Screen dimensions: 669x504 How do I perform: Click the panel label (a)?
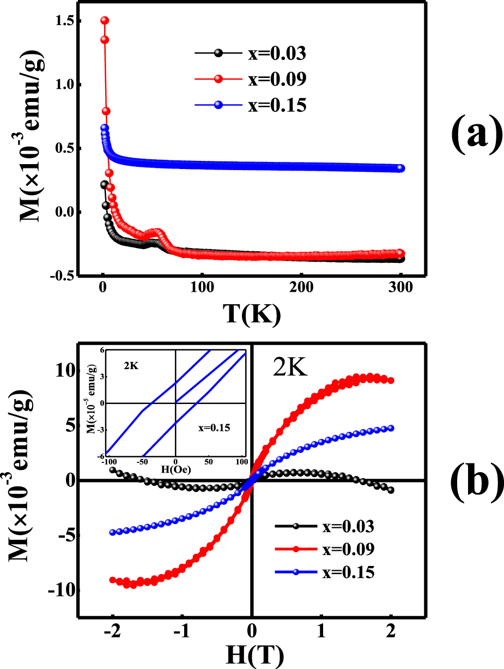pyautogui.click(x=475, y=137)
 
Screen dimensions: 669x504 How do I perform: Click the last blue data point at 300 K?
pyautogui.click(x=401, y=168)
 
